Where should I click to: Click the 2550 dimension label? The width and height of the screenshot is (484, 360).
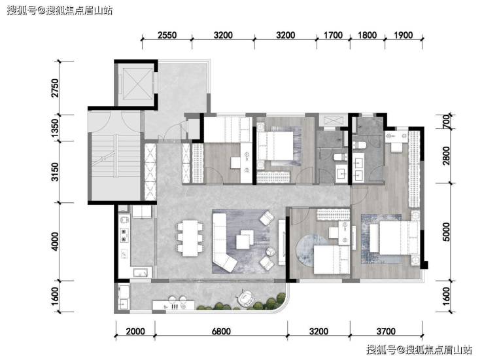[167, 35]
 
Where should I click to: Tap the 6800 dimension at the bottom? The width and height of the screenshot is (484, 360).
[221, 332]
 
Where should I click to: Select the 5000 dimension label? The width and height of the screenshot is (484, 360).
[446, 232]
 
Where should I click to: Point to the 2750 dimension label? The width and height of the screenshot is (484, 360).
[55, 88]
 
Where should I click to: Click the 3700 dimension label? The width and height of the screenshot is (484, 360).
[386, 332]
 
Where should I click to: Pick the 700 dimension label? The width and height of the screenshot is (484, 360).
[446, 121]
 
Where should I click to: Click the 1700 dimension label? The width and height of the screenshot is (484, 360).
[333, 35]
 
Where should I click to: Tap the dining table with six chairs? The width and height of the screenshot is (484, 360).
[190, 238]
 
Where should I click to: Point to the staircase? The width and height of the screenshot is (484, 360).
[114, 156]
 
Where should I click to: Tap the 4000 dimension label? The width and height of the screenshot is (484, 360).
[55, 242]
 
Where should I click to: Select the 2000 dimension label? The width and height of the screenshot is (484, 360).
[135, 332]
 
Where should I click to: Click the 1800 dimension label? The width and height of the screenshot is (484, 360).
[367, 35]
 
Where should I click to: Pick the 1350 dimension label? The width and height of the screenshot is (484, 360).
[55, 128]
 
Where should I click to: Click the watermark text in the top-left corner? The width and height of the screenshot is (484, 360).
[60, 10]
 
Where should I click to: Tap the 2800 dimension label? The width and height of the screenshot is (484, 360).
[446, 155]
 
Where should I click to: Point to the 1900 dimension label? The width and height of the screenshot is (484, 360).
[403, 35]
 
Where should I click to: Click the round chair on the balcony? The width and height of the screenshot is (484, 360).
[245, 298]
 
